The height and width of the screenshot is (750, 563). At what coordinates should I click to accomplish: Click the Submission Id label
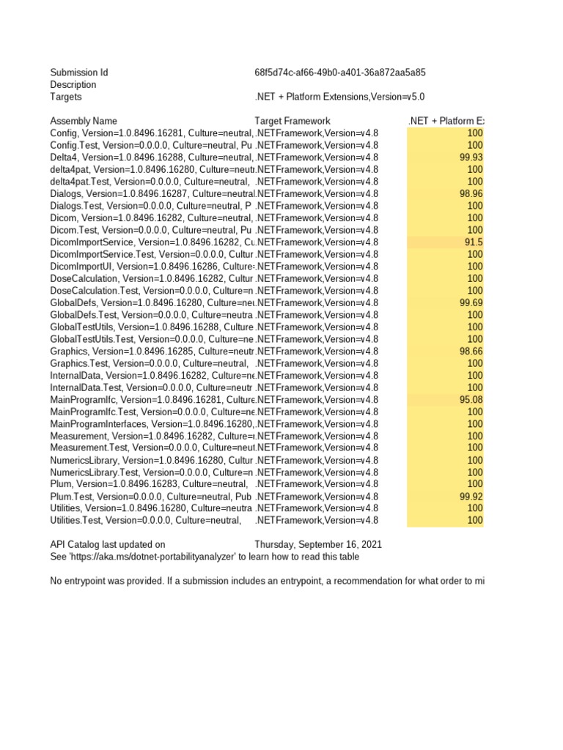click(78, 73)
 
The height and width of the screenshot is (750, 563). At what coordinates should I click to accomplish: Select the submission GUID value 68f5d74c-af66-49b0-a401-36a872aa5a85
click(340, 73)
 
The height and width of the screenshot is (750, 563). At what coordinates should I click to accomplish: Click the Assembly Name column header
click(83, 121)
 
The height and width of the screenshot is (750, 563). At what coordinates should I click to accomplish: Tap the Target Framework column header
click(292, 121)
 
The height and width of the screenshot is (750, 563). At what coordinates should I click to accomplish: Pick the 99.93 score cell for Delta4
click(471, 157)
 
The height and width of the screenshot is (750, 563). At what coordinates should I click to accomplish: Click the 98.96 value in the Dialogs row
click(471, 193)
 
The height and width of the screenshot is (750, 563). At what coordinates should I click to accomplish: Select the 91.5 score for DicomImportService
click(474, 242)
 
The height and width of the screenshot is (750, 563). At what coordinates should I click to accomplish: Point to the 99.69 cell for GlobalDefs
click(471, 302)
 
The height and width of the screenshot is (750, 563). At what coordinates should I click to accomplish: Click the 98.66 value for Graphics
click(471, 351)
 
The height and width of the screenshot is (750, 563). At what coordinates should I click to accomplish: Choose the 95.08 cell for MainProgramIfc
click(471, 400)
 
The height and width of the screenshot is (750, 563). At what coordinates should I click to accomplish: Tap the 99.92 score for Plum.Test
click(471, 497)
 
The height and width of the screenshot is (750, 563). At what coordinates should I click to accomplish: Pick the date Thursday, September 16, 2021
click(317, 545)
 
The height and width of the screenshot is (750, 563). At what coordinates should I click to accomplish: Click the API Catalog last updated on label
click(107, 545)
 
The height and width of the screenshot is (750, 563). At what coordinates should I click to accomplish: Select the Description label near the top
click(73, 85)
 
